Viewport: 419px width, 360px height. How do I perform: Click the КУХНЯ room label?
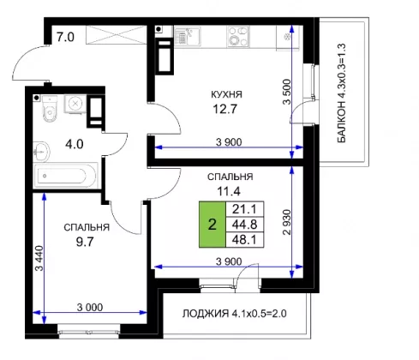pyautogui.click(x=226, y=94)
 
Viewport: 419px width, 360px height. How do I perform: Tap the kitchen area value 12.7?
pyautogui.click(x=225, y=109)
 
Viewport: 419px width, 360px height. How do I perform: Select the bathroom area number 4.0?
pyautogui.click(x=75, y=144)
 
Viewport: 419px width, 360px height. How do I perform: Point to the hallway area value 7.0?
pyautogui.click(x=65, y=37)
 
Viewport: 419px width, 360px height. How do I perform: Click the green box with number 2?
pyautogui.click(x=212, y=225)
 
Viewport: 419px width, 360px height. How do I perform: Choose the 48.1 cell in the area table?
pyautogui.click(x=244, y=240)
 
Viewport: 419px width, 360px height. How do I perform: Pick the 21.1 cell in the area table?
pyautogui.click(x=244, y=209)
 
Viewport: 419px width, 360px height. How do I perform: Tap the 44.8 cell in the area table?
pyautogui.click(x=244, y=225)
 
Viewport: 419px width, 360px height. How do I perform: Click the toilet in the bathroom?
pyautogui.click(x=50, y=109)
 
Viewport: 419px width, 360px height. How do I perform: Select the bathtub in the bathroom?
pyautogui.click(x=65, y=176)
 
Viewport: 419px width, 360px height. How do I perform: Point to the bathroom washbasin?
pyautogui.click(x=41, y=152)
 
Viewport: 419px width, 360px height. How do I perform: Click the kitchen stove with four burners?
pyautogui.click(x=238, y=36)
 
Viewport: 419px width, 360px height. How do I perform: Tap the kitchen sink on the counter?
pyautogui.click(x=188, y=36)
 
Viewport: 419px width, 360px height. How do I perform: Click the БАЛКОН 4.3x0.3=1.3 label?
pyautogui.click(x=342, y=93)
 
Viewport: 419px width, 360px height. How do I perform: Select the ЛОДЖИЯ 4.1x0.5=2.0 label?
pyautogui.click(x=234, y=314)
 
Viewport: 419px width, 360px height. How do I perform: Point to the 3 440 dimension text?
pyautogui.click(x=39, y=258)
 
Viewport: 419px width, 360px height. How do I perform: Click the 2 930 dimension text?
pyautogui.click(x=287, y=222)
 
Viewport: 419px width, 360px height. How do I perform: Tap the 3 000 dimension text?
pyautogui.click(x=90, y=308)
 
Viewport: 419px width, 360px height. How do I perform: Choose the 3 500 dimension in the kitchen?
pyautogui.click(x=287, y=92)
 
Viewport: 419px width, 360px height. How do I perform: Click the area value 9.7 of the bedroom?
pyautogui.click(x=85, y=243)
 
